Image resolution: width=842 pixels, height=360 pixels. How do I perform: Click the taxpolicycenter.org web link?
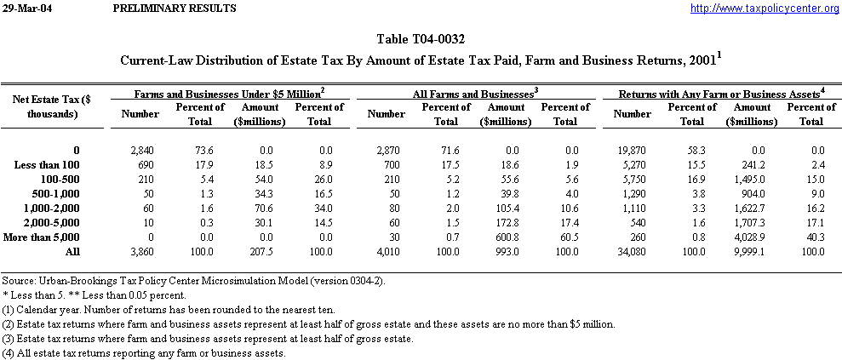point(764,9)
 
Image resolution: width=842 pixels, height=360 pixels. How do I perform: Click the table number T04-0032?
point(421,39)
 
